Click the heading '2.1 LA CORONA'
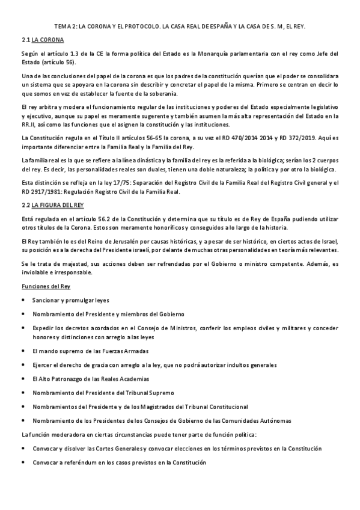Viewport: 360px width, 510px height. (42, 40)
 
